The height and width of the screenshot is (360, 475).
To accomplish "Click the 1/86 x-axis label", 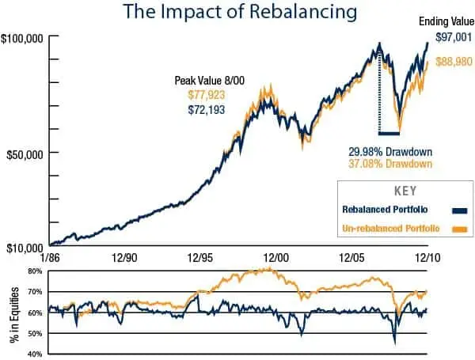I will coord(49,258).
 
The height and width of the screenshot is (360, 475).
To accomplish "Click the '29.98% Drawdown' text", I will coord(390,152).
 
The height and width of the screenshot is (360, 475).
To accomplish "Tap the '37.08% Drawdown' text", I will coord(390,164).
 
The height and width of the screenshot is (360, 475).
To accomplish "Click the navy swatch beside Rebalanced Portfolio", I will coord(457,210).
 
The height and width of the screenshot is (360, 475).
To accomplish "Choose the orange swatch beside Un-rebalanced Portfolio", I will coord(457,229).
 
